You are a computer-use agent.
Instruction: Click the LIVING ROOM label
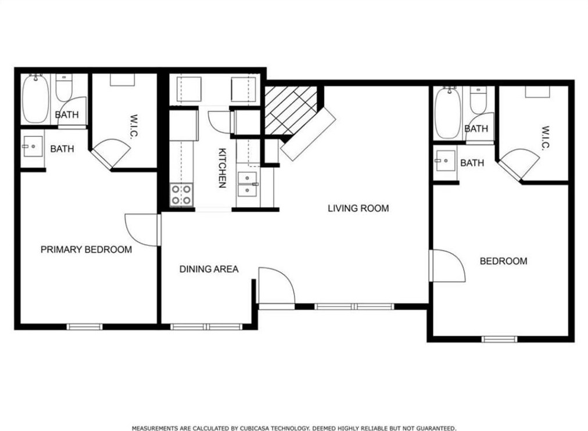click(358, 208)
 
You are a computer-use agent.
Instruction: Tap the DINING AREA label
click(209, 269)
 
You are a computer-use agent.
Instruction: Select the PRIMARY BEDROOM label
click(86, 249)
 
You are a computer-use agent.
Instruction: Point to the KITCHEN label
click(222, 168)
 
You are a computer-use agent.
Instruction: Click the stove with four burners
click(182, 195)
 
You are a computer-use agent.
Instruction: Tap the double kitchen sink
click(248, 184)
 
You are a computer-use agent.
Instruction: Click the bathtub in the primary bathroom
click(35, 99)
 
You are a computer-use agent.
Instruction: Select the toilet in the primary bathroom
click(64, 88)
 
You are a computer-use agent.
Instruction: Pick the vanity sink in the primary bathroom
click(33, 146)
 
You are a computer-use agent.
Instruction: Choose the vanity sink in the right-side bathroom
click(446, 161)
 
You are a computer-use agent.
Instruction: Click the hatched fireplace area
click(291, 110)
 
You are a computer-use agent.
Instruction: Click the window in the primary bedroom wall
click(84, 327)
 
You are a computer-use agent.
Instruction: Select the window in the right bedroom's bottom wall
click(500, 339)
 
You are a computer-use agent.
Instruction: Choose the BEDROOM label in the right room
click(504, 261)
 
